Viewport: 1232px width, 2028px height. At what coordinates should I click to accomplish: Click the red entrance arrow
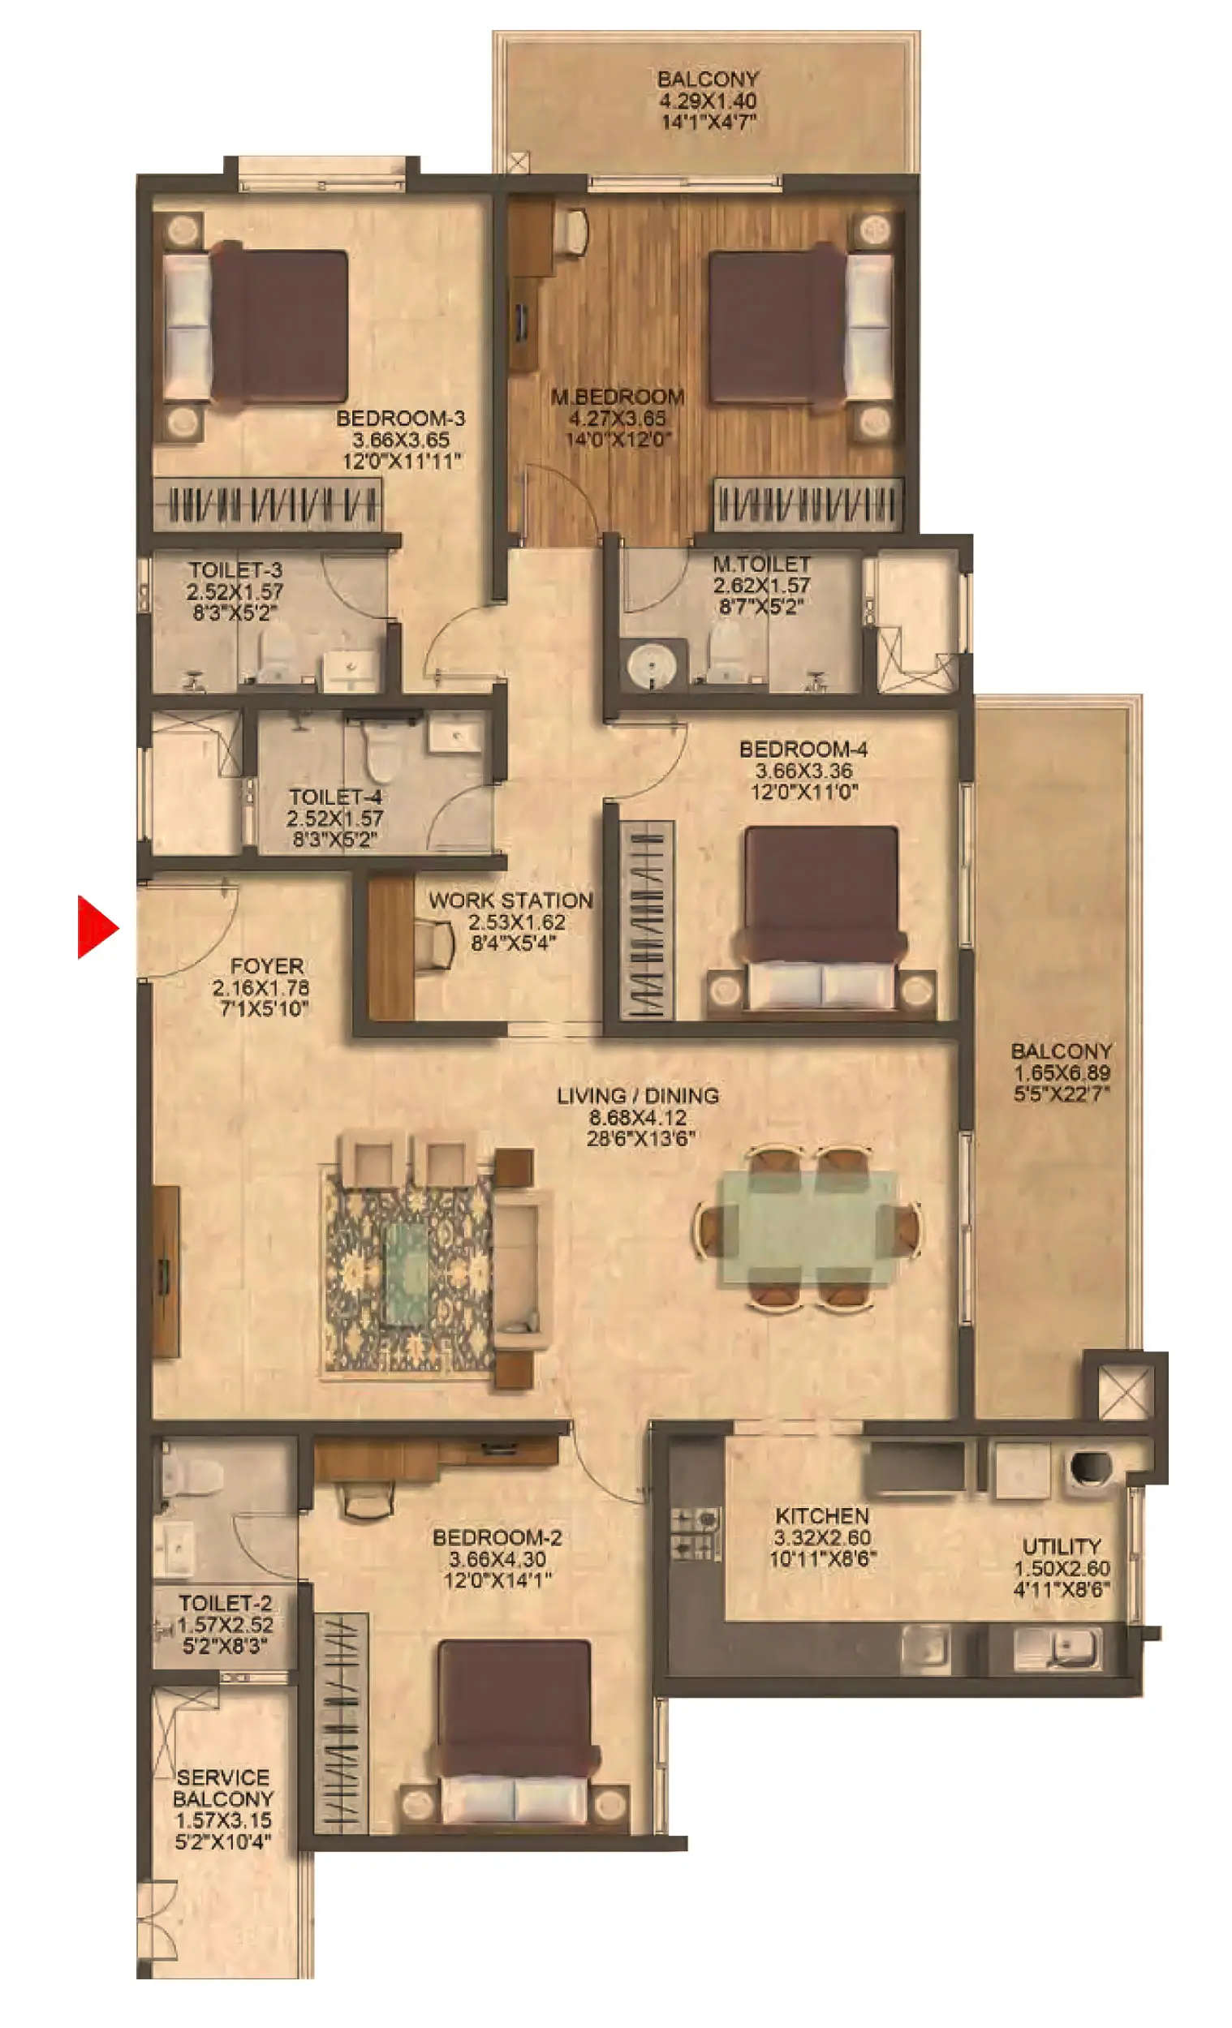[96, 926]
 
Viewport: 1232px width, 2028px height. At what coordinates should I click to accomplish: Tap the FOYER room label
[266, 965]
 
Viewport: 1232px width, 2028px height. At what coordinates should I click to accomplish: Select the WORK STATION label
[510, 900]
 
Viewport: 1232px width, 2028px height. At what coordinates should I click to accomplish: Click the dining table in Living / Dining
[808, 1227]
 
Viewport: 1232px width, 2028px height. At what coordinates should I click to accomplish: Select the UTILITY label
[1061, 1545]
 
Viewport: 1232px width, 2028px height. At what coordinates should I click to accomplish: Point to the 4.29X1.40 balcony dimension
[708, 101]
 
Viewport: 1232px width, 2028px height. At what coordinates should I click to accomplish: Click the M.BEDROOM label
[617, 397]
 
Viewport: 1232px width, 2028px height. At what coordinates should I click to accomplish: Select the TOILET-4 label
[334, 797]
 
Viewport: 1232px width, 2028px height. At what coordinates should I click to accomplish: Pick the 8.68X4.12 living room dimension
[637, 1118]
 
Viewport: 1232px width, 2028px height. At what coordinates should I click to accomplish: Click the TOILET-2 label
[225, 1602]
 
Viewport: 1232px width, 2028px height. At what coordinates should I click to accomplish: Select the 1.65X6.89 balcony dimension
[1061, 1072]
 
